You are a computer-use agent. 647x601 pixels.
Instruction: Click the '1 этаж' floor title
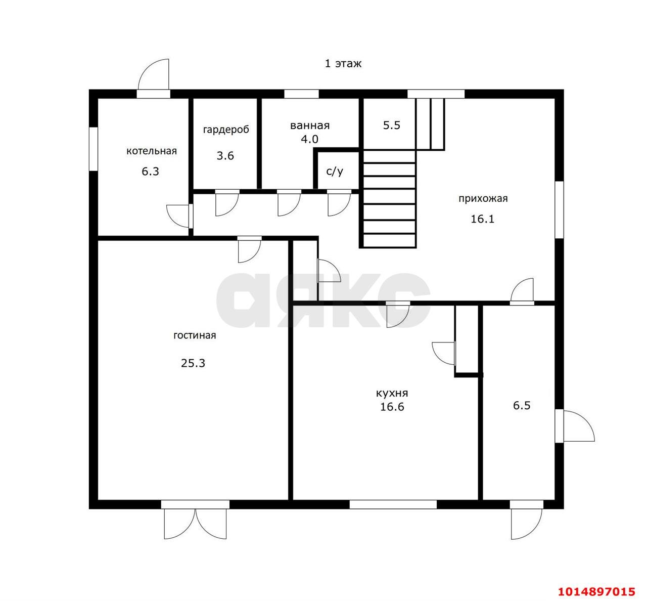(343, 63)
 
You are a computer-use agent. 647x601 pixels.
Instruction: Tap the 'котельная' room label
(152, 151)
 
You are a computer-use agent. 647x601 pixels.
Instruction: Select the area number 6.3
(150, 171)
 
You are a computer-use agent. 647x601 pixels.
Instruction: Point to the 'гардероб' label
(226, 130)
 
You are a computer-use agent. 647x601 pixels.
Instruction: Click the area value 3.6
(225, 155)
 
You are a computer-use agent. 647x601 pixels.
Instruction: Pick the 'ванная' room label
(310, 125)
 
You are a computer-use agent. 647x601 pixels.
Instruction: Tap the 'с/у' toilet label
(335, 171)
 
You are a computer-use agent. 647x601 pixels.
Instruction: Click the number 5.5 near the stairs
(392, 125)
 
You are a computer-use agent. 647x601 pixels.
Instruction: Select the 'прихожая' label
(483, 199)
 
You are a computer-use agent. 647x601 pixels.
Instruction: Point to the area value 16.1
(483, 219)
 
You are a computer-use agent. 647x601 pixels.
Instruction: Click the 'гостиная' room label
(195, 335)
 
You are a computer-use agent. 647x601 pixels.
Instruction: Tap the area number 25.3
(193, 363)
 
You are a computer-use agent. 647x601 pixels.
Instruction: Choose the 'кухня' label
(392, 393)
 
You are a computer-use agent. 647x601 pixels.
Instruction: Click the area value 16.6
(392, 407)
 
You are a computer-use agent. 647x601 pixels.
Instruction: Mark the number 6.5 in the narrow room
(522, 405)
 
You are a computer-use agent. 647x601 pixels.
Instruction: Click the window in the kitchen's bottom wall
(393, 504)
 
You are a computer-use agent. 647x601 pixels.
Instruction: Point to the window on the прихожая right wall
(559, 209)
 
